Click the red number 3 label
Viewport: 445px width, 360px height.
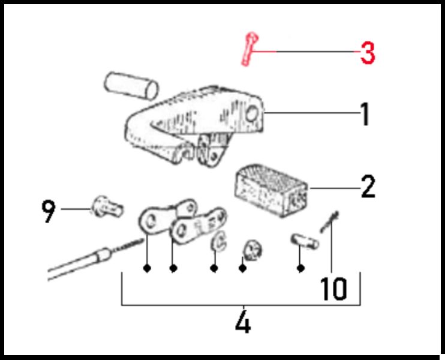point(368,53)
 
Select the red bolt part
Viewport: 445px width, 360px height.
point(249,49)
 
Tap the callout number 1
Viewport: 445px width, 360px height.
point(365,114)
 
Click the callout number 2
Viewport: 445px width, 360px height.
point(368,187)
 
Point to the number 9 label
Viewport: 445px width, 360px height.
point(49,211)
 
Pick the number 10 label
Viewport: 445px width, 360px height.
point(333,289)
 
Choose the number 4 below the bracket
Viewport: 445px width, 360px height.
point(243,322)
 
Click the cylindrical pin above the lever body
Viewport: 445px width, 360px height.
point(131,86)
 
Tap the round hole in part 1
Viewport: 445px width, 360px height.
point(251,113)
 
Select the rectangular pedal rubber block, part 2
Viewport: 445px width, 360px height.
point(271,190)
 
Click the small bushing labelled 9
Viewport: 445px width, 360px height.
point(107,206)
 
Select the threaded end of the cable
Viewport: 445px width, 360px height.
point(127,245)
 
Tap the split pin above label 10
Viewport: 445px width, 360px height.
point(329,222)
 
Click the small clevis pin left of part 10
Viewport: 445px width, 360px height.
point(305,241)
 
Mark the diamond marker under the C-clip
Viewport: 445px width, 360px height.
point(214,268)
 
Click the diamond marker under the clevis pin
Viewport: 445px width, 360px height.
point(300,268)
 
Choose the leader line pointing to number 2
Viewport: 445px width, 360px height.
point(335,188)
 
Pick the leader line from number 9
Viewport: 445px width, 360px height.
point(76,209)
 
